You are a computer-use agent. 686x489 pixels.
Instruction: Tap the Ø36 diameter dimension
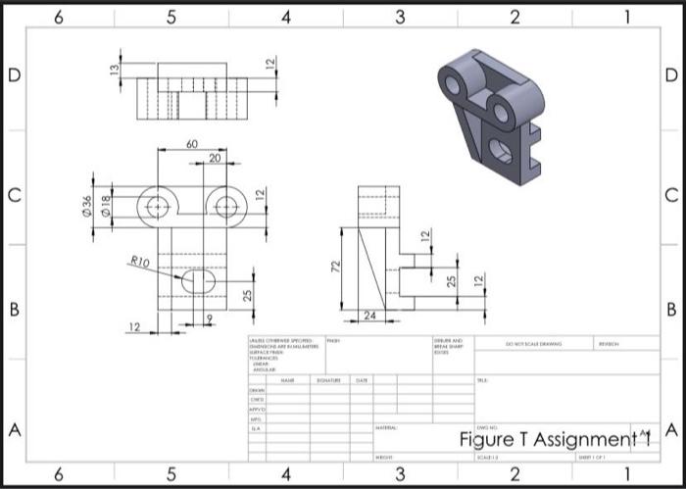86,207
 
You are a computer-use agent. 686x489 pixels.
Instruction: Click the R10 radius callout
139,263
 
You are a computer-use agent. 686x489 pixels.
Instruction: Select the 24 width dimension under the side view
369,316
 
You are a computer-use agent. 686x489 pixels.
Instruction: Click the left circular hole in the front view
157,207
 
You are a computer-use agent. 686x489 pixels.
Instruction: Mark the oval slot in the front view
199,281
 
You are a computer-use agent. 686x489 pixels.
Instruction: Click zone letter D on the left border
14,75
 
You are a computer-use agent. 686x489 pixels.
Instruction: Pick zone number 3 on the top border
400,16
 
